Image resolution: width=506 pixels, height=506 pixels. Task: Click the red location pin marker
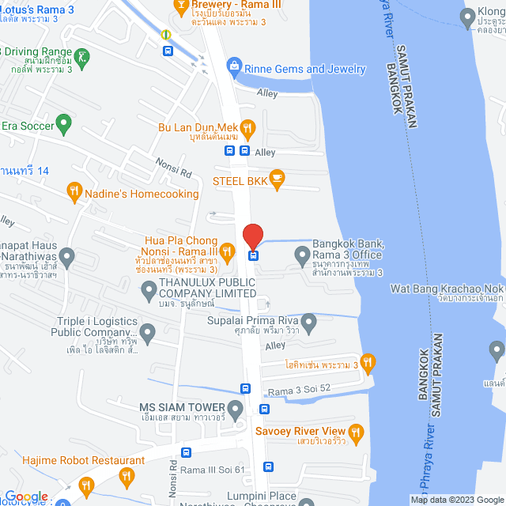[x=253, y=236]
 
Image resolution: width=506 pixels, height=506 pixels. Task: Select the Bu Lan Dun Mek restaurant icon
[x=247, y=126]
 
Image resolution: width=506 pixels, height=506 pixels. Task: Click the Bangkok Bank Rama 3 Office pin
[x=301, y=254]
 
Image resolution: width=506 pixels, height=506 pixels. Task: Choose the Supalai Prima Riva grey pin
[x=308, y=320]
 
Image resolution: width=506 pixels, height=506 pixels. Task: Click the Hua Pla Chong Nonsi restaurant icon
[x=227, y=252]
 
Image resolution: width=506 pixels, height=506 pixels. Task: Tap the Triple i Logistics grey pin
[x=147, y=329]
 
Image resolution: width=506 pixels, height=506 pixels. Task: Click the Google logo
[x=25, y=497]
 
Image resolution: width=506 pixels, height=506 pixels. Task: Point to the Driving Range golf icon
[x=84, y=55]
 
